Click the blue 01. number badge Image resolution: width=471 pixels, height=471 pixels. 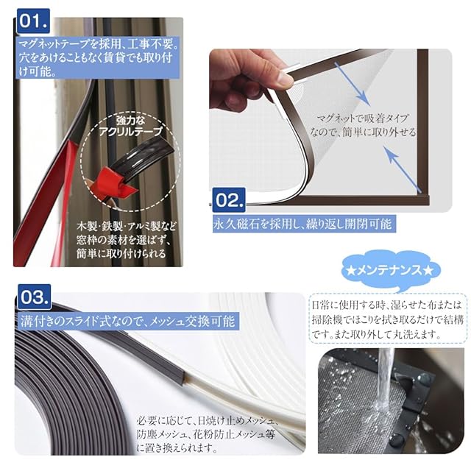point(33,21)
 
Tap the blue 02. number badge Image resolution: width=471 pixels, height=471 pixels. point(229,200)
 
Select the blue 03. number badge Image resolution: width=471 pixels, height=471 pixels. point(34,297)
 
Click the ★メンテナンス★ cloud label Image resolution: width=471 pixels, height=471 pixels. point(390,271)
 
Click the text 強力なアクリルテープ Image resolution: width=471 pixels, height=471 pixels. point(131,126)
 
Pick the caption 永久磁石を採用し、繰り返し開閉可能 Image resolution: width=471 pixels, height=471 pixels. point(302,224)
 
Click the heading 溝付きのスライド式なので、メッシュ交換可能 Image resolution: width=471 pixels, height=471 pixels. point(127,322)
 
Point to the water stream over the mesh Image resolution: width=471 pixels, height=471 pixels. point(384,378)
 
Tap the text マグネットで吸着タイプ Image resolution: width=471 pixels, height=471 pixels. point(363,118)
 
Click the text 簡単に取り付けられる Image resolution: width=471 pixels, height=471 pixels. point(121,254)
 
